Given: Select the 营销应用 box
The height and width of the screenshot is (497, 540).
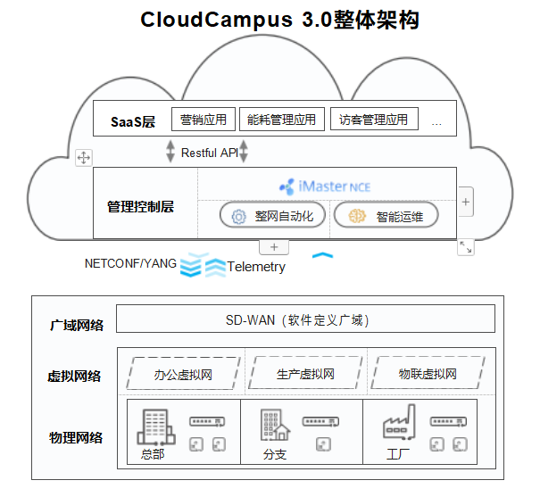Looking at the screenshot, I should tap(204, 120).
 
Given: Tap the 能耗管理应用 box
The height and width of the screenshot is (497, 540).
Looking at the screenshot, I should tap(281, 120).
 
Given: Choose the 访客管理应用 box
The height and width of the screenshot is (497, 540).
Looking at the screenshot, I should tap(373, 120).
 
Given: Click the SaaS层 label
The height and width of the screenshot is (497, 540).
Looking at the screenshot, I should tap(133, 121).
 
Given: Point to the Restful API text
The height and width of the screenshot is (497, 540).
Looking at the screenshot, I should tap(210, 153).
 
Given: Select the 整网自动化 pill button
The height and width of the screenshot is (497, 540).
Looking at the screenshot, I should tap(273, 216).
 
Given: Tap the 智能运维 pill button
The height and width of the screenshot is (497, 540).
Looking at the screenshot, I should tap(385, 216).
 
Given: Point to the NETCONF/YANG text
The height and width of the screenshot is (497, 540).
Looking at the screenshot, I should tap(130, 263).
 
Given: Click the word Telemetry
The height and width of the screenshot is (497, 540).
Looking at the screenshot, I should tap(256, 267).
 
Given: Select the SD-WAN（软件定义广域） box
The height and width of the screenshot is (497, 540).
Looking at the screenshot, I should tap(305, 319).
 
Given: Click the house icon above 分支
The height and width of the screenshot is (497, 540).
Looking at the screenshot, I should tap(274, 427).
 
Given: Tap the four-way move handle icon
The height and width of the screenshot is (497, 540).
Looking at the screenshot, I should tap(84, 158).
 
